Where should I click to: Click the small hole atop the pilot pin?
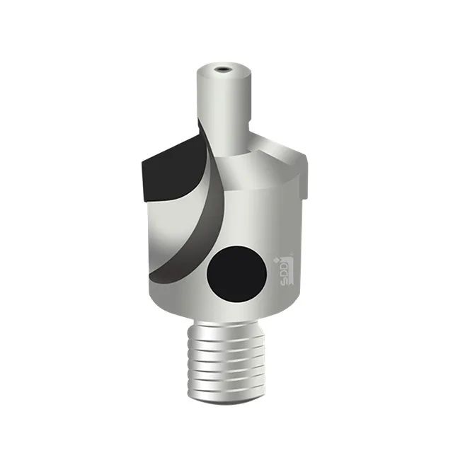223,69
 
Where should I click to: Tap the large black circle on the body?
235,271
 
